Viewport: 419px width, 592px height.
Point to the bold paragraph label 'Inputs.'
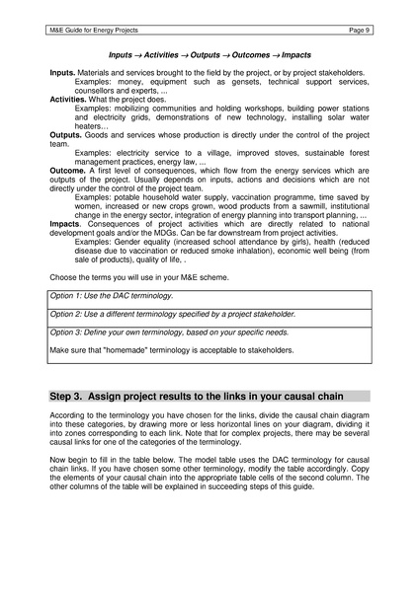(x=65, y=75)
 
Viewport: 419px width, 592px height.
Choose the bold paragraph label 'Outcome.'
(x=71, y=170)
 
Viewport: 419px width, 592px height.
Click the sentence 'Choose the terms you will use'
(x=128, y=276)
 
